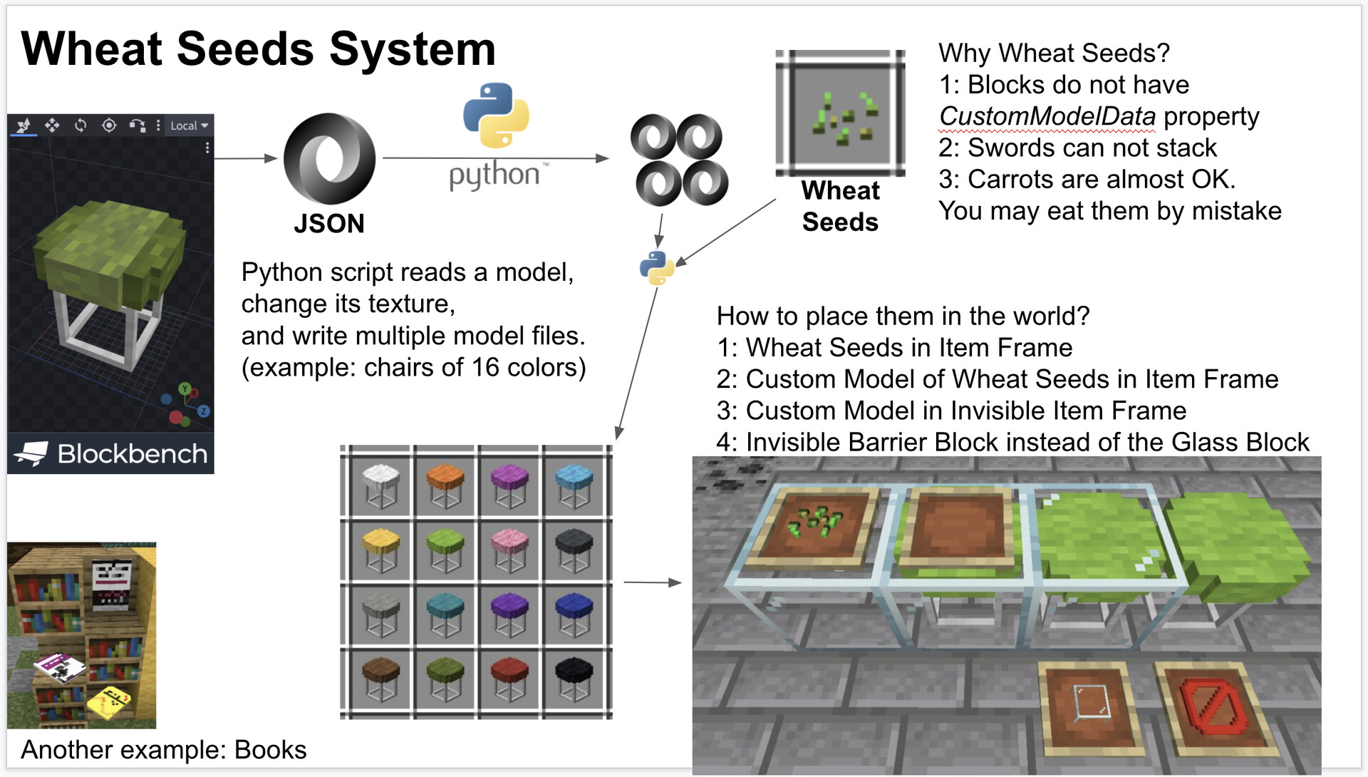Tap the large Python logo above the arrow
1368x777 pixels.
click(x=496, y=115)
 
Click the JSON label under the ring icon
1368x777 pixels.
click(x=328, y=224)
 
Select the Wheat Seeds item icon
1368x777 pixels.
click(x=840, y=113)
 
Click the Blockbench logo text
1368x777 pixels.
click(x=132, y=454)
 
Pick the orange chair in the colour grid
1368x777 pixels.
click(x=445, y=484)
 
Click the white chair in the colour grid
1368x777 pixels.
click(x=380, y=484)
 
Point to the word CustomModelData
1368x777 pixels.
click(x=1047, y=116)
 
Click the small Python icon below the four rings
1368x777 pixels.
click(x=656, y=267)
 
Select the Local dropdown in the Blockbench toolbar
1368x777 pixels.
click(x=189, y=126)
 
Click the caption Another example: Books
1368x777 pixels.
click(x=163, y=750)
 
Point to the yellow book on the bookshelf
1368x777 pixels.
click(x=110, y=701)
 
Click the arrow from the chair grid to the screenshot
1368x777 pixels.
click(x=652, y=582)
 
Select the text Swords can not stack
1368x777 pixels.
click(x=1092, y=148)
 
